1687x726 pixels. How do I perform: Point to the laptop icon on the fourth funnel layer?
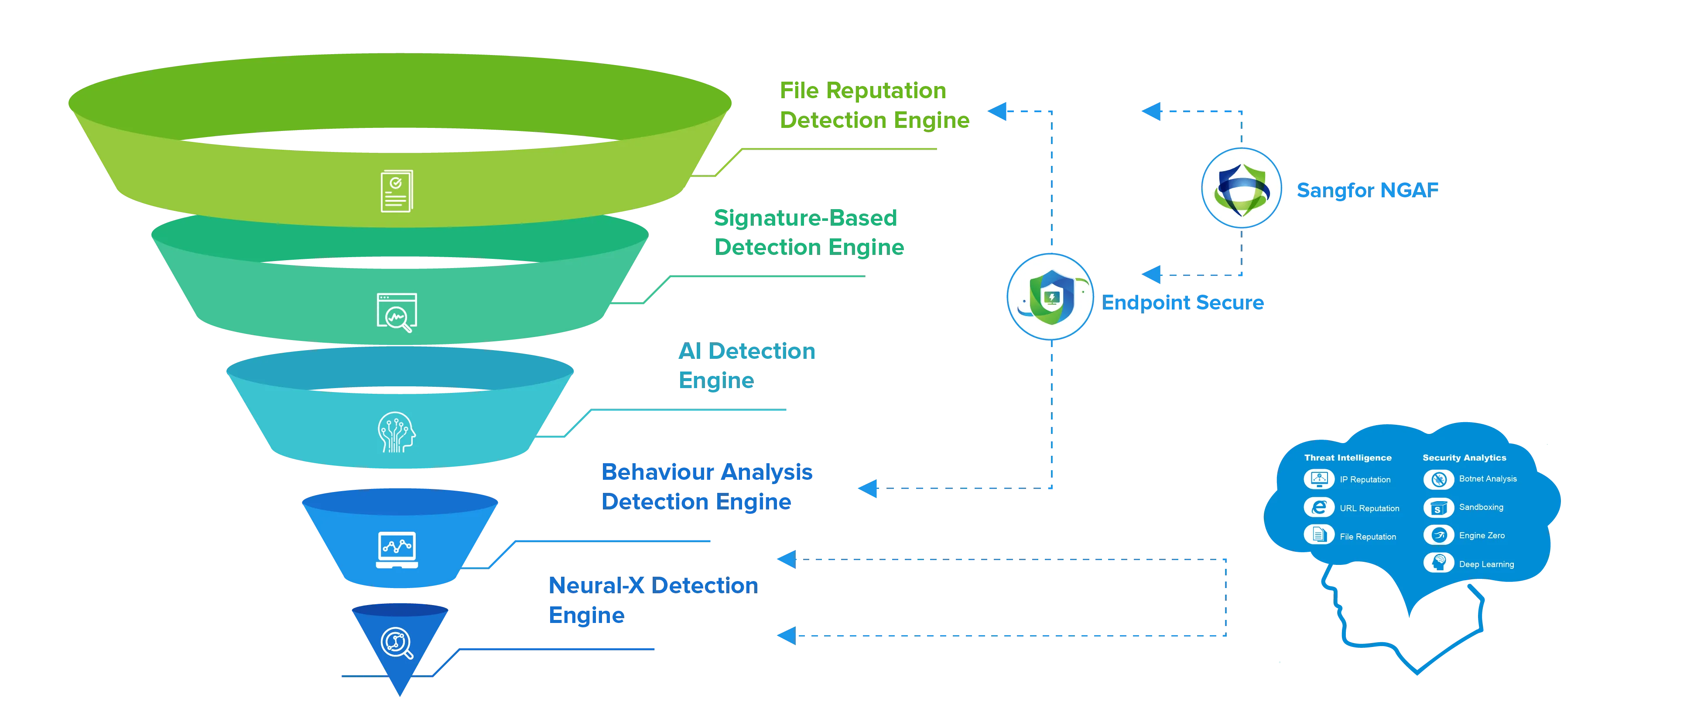[x=397, y=550]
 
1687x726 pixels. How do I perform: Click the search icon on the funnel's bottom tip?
[x=397, y=644]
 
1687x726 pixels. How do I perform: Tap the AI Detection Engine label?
[x=746, y=366]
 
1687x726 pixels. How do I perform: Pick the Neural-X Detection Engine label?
[x=652, y=600]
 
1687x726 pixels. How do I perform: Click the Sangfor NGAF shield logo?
[x=1241, y=188]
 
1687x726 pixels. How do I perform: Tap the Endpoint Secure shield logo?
[x=1050, y=297]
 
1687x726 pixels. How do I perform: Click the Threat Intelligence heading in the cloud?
[x=1347, y=458]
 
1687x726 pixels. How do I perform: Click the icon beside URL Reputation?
[x=1318, y=508]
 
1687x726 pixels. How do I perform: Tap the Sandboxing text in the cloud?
[x=1481, y=507]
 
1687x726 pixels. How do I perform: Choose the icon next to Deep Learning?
[x=1438, y=563]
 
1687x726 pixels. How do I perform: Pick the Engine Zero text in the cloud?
[x=1482, y=535]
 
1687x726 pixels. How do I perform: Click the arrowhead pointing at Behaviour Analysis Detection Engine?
[x=869, y=488]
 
